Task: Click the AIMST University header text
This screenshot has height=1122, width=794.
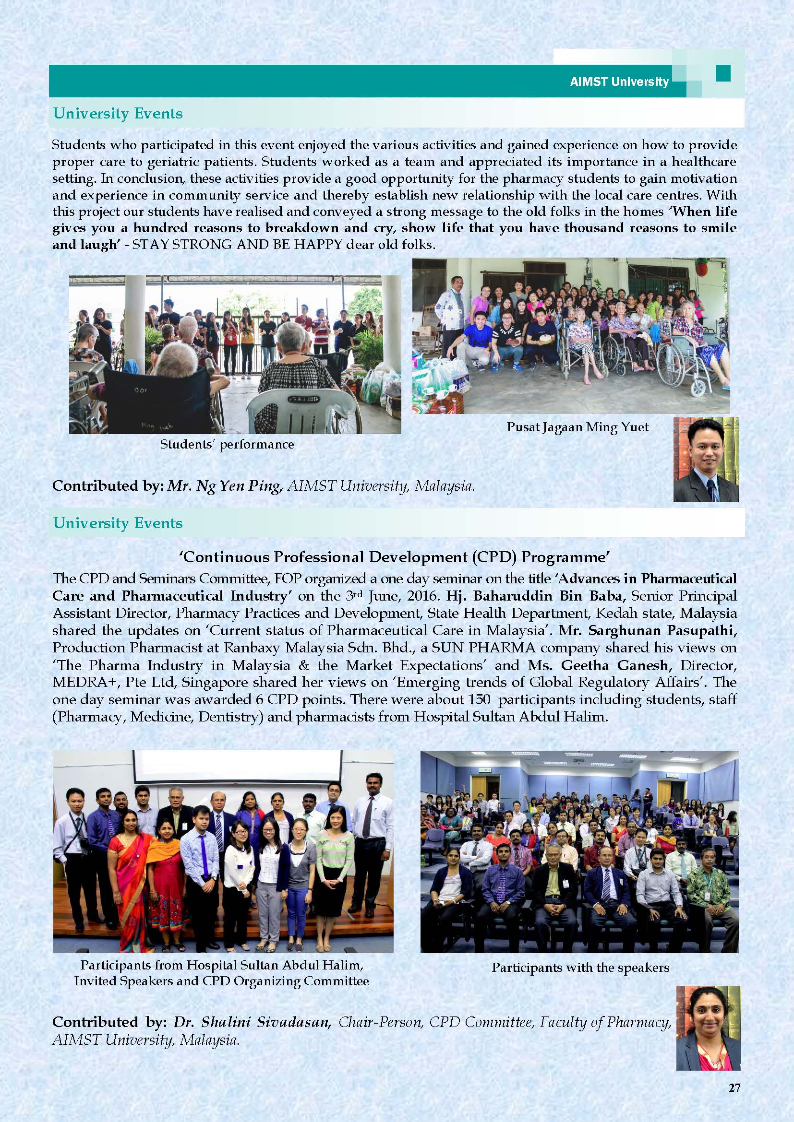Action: coord(619,82)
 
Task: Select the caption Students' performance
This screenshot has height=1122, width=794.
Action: coord(227,444)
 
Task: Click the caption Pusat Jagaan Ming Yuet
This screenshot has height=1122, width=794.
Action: coord(577,427)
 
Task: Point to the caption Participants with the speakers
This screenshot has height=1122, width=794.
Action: coord(580,967)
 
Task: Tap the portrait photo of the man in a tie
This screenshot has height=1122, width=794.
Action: coord(706,460)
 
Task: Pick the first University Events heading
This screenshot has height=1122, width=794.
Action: coord(118,113)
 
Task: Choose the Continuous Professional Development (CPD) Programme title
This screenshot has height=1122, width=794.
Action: coord(395,557)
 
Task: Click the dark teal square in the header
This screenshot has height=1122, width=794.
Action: coord(722,73)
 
